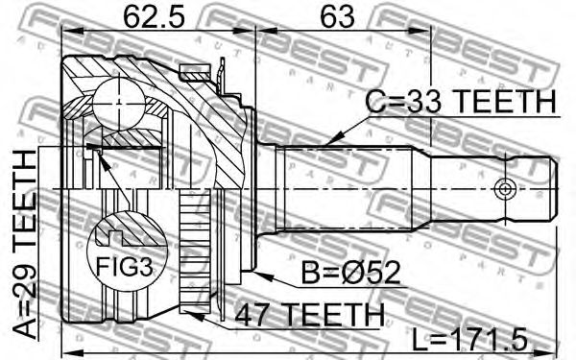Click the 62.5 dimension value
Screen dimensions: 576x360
pos(154,16)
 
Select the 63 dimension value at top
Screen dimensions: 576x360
pos(338,16)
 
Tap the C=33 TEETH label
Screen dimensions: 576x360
pos(462,102)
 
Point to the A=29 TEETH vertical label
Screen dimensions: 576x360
pos(25,243)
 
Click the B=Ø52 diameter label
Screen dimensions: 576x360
pos(350,273)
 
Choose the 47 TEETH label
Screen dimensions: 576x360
pos(309,315)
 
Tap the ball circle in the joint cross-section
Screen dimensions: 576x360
pos(119,104)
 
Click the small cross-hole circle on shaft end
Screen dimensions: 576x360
pos(505,189)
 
